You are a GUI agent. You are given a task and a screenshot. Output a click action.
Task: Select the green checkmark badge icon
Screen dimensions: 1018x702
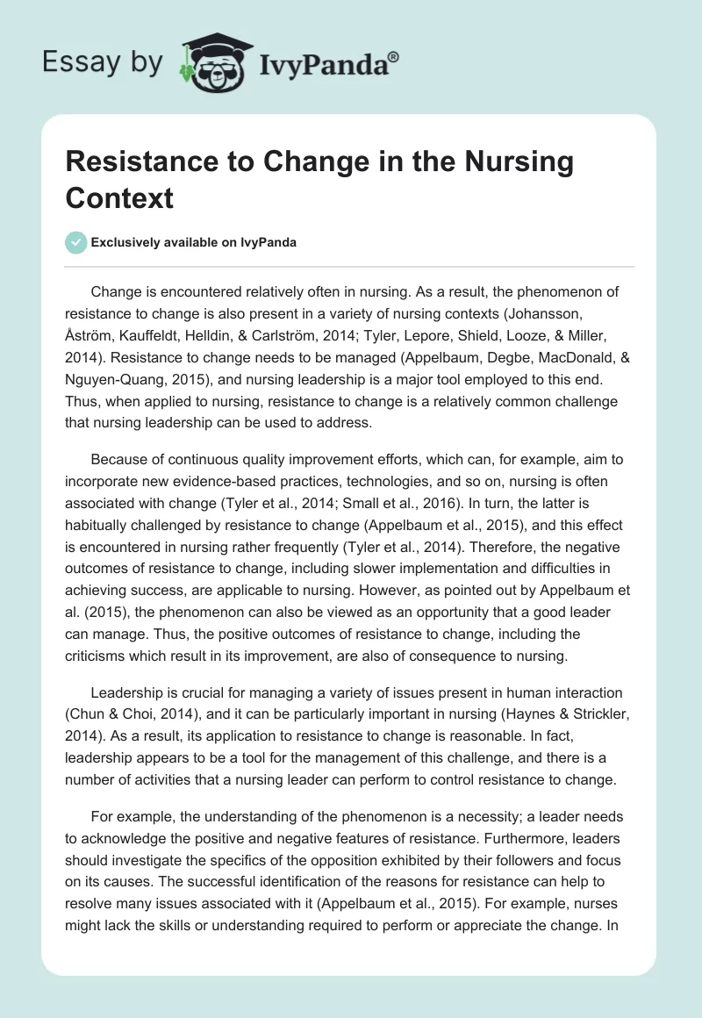click(77, 242)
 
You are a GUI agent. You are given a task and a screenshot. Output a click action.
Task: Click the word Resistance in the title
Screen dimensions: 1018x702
click(133, 161)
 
